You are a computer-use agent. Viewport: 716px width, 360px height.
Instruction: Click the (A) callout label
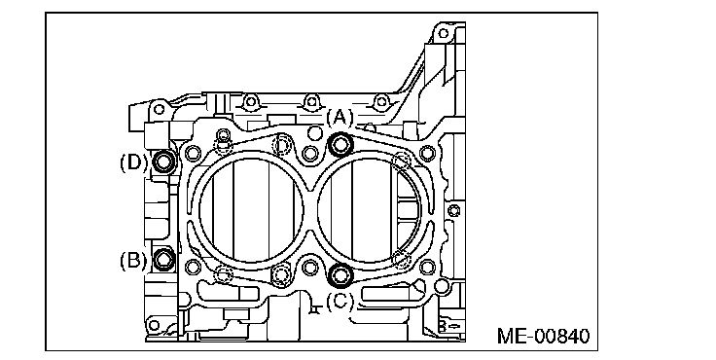pos(340,119)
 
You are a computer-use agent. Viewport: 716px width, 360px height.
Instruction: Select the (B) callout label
pos(133,261)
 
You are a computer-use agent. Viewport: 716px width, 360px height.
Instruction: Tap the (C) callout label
pos(340,301)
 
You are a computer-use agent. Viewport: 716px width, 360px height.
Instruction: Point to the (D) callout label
pos(133,162)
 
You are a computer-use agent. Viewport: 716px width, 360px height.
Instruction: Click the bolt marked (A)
pos(340,145)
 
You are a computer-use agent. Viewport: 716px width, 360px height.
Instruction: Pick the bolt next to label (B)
pos(163,259)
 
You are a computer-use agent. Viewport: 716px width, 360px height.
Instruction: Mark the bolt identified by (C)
pos(340,275)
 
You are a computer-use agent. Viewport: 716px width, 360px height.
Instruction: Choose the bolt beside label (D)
pos(163,162)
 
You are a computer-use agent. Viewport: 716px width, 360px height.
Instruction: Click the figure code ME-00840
pos(543,337)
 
